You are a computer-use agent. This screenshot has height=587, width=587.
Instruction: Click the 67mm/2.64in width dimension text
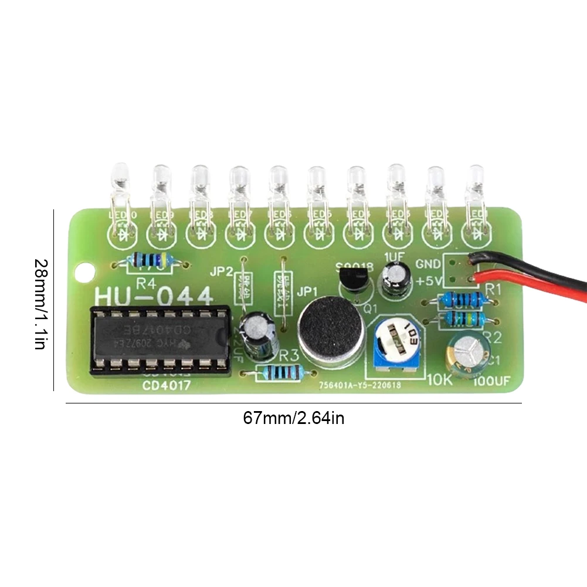pyautogui.click(x=293, y=419)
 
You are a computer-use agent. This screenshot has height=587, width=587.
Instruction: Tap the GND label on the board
pyautogui.click(x=427, y=264)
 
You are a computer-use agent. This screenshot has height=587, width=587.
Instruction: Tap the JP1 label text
pyautogui.click(x=307, y=291)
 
